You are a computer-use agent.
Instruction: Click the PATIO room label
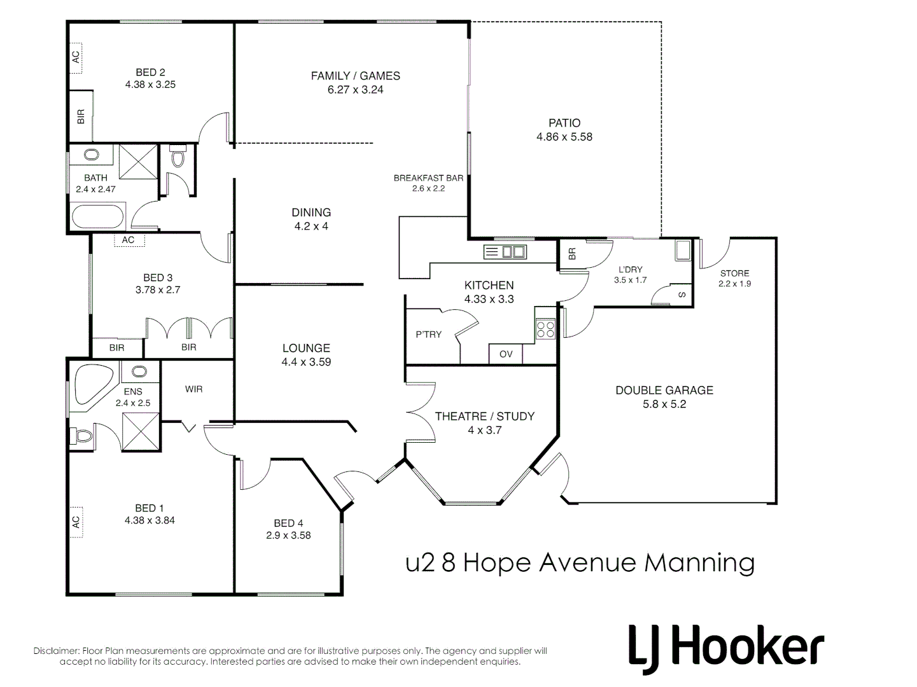pos(564,123)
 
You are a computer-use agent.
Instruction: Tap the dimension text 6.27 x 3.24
pos(355,90)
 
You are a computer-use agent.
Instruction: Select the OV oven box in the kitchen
pos(506,354)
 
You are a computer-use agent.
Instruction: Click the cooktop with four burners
pos(545,329)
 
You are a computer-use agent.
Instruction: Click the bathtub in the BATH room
pos(97,217)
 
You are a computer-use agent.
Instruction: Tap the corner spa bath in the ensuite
pos(93,384)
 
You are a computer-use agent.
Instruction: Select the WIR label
pos(193,389)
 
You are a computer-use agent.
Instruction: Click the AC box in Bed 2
pos(76,57)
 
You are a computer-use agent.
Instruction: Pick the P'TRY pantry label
pos(428,334)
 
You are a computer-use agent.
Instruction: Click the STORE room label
pos(734,273)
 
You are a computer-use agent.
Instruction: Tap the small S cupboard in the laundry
pos(682,295)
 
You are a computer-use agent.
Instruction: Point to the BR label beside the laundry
pos(571,254)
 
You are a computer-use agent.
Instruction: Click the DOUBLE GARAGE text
pos(664,390)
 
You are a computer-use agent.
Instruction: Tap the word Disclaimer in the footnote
pos(56,651)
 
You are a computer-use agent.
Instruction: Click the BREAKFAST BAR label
pos(428,178)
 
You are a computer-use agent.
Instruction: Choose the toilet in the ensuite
pos(83,436)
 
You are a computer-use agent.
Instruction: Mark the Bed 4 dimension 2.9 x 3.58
pos(288,535)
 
